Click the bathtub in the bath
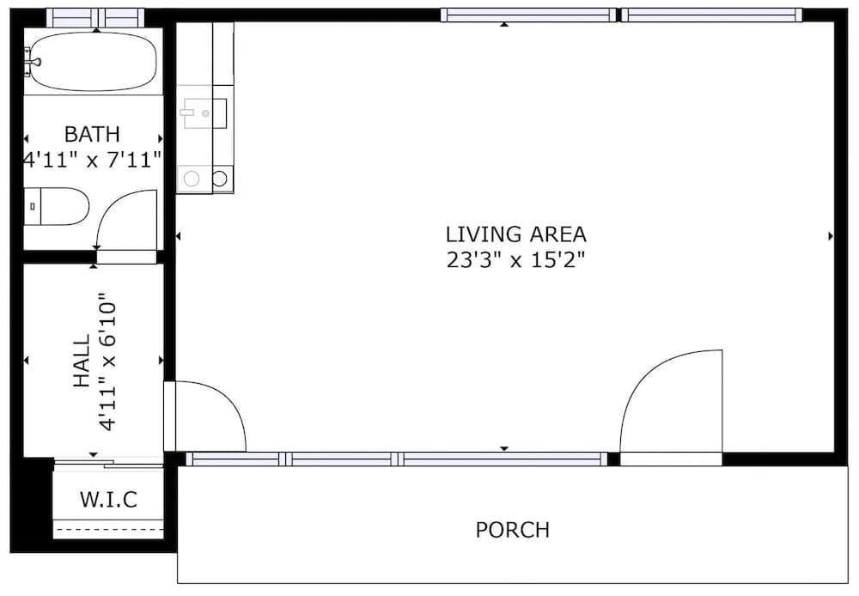coord(93,61)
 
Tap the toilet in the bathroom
coord(57,206)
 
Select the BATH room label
coord(92,134)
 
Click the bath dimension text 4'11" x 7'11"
coord(92,160)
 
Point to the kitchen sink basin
coord(205,113)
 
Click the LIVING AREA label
coord(515,234)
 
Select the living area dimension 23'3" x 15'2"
coord(515,259)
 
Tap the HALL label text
coord(81,361)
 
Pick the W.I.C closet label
coord(108,500)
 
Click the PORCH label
coord(512,530)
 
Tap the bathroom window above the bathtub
coord(95,17)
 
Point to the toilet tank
coord(33,206)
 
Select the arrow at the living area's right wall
coord(831,236)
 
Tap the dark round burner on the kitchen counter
coord(220,179)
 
